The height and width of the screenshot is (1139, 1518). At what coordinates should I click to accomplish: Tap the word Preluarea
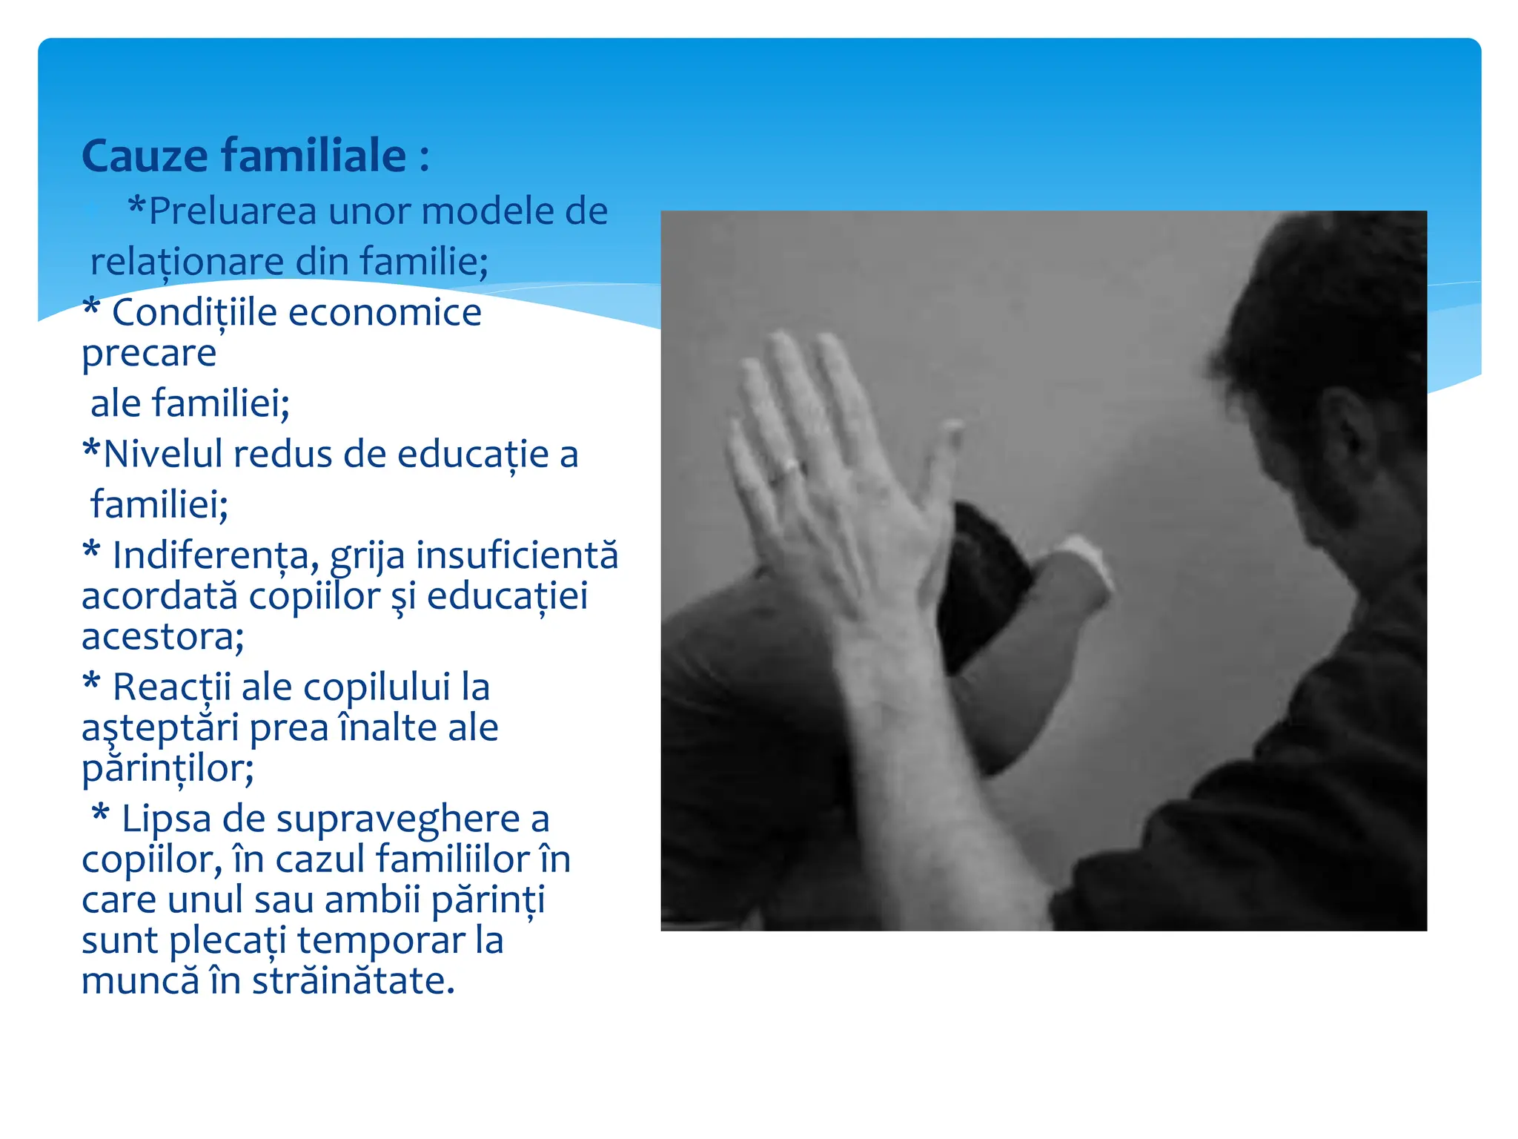click(233, 211)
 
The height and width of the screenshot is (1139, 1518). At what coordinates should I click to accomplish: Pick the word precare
click(149, 354)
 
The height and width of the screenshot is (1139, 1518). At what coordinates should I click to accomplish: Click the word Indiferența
click(216, 555)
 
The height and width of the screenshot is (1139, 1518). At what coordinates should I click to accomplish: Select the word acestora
click(162, 636)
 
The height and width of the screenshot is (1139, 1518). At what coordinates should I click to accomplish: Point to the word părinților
click(168, 768)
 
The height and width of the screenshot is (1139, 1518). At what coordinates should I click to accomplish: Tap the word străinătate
click(353, 980)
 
